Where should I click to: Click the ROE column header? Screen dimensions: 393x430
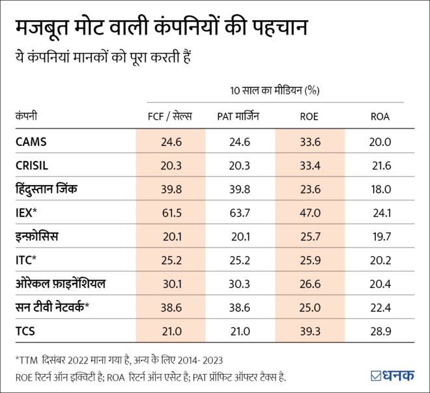tap(310, 117)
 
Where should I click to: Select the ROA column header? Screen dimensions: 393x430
tap(380, 117)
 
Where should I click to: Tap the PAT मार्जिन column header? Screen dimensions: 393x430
tap(240, 117)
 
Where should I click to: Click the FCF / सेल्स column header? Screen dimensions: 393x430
tap(170, 117)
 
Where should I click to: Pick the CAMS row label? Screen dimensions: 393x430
tap(31, 141)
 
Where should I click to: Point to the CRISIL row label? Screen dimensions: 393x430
tap(33, 166)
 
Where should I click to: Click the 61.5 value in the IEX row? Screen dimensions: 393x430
tap(170, 213)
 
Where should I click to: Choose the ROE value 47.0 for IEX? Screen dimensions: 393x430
tap(310, 213)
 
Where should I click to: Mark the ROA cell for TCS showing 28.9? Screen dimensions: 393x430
tap(380, 332)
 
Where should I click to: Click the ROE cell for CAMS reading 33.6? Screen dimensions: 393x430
tap(310, 141)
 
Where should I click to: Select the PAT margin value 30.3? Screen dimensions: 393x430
tap(240, 284)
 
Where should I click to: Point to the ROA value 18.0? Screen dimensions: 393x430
tap(380, 189)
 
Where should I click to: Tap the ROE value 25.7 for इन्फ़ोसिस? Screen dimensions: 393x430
tap(310, 237)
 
